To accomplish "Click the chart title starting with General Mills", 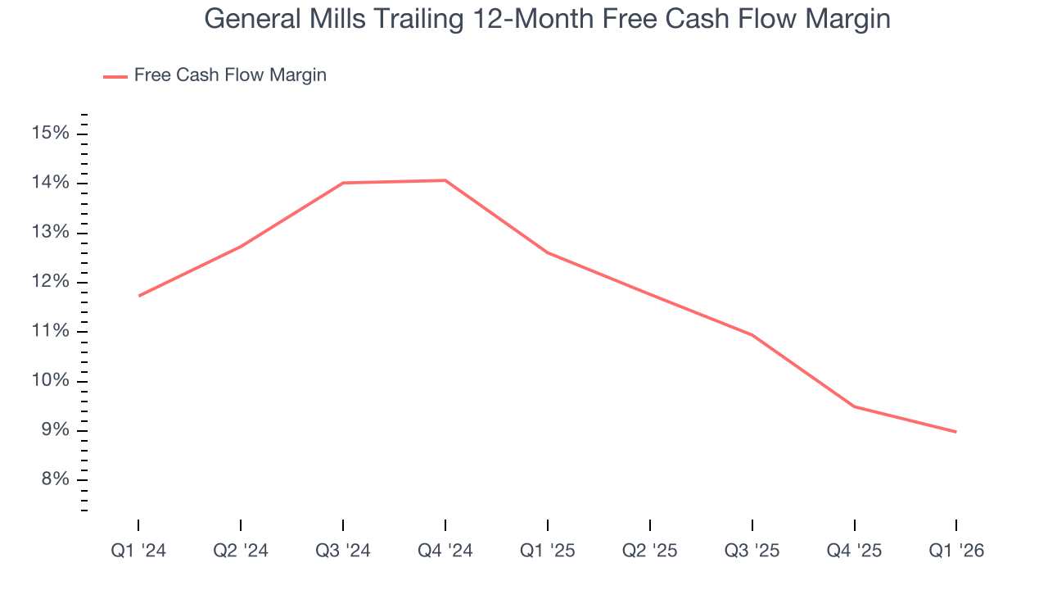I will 547,18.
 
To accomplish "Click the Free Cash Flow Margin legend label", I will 230,75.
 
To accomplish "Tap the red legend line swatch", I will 115,76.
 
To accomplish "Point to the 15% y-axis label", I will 51,134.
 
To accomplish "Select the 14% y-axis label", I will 51,183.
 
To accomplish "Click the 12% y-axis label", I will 51,282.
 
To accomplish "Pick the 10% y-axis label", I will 51,381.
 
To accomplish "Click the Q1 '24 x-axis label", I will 138,551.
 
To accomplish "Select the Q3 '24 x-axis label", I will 343,551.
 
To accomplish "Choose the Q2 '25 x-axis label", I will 650,551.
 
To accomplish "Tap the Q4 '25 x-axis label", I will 855,551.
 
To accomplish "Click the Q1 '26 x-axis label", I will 956,551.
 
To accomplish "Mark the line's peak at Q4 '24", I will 445,180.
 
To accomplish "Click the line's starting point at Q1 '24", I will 139,296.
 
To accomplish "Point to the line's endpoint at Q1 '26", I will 955,432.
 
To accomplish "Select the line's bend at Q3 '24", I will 343,183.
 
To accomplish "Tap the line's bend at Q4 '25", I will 855,406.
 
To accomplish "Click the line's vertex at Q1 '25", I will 548,252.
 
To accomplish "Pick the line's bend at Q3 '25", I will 752,334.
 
